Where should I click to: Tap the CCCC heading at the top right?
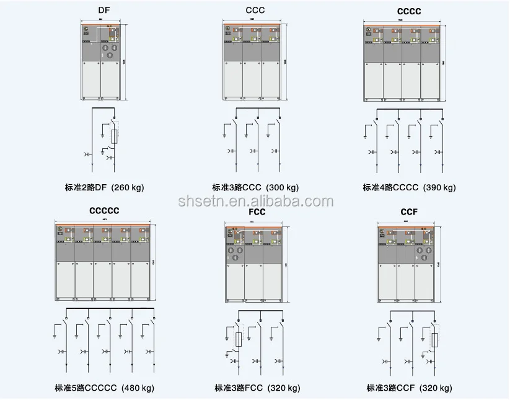[408, 11]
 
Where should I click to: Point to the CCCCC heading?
[104, 210]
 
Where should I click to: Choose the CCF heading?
[410, 212]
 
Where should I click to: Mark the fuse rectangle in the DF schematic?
[113, 136]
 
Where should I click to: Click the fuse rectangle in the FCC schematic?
[237, 339]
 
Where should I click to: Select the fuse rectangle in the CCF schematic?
[435, 339]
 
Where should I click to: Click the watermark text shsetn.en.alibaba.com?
[255, 201]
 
